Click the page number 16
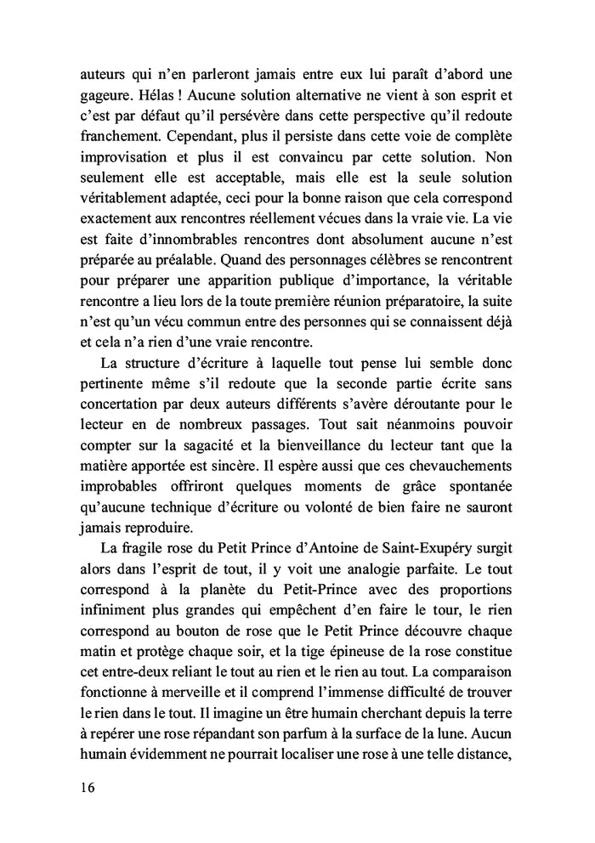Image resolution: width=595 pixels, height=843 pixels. tap(82, 787)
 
